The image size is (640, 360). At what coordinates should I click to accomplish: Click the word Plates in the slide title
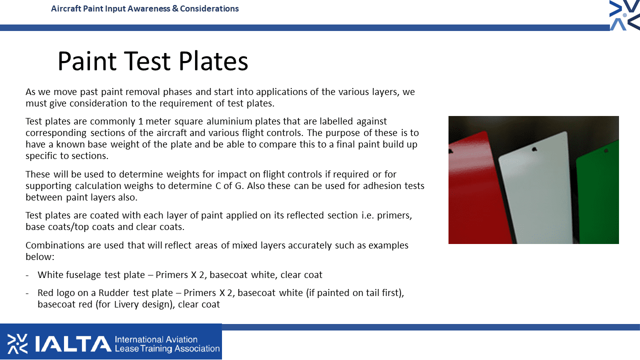point(213,61)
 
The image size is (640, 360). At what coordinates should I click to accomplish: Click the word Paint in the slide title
point(87,61)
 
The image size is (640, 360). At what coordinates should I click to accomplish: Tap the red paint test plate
point(480,188)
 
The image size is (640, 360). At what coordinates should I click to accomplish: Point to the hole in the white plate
point(534,149)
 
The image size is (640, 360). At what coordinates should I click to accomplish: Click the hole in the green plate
point(606,150)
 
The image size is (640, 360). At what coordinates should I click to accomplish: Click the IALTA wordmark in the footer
point(73,343)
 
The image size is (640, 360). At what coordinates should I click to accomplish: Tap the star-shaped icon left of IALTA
point(17,343)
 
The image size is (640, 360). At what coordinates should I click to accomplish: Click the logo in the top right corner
point(624,15)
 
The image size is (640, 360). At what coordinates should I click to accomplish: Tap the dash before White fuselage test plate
point(27,275)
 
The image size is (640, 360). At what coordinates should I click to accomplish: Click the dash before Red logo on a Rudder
point(27,293)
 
